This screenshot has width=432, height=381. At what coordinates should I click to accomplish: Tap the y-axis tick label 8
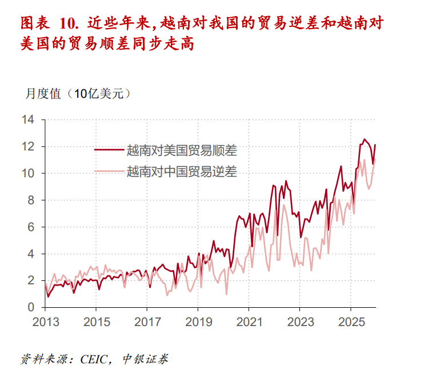pyautogui.click(x=31, y=200)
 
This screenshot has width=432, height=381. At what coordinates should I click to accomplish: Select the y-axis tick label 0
pyautogui.click(x=31, y=307)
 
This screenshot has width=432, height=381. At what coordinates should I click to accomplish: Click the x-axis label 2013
pyautogui.click(x=45, y=322)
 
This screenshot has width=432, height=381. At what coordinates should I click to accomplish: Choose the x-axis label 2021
pyautogui.click(x=249, y=322)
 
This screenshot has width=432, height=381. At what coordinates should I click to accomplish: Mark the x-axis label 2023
pyautogui.click(x=299, y=322)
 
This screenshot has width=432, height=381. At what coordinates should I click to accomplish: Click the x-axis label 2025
pyautogui.click(x=350, y=322)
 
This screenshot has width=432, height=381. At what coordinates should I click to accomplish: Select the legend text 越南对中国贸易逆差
pyautogui.click(x=182, y=170)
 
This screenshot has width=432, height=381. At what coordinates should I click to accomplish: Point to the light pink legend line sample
pyautogui.click(x=109, y=170)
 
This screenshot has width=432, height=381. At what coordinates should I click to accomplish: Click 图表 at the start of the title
pyautogui.click(x=33, y=23)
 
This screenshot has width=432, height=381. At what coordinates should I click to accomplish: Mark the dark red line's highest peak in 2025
pyautogui.click(x=364, y=139)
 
